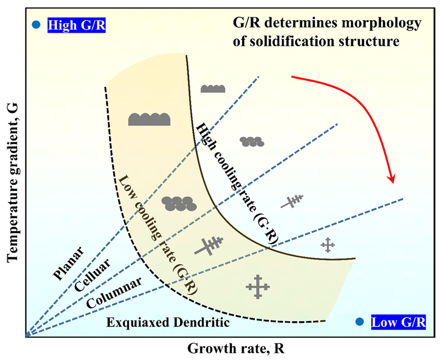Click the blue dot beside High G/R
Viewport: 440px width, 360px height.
pos(37,25)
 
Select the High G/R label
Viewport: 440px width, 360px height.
pos(77,25)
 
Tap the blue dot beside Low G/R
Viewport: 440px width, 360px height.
pos(359,322)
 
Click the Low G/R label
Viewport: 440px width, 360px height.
pos(399,322)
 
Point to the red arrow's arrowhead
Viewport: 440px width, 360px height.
pos(392,178)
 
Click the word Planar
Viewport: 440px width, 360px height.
pos(68,263)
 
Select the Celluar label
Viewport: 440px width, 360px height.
pos(93,275)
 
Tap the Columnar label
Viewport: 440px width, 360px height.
pos(114,293)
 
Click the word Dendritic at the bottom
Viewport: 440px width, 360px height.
pos(202,322)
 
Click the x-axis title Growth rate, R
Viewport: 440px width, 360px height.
pos(236,349)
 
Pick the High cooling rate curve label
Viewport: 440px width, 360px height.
pos(237,184)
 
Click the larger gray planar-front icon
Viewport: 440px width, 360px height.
pos(149,119)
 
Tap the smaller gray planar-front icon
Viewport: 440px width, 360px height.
pos(213,88)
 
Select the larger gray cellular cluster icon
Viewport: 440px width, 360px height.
pos(179,203)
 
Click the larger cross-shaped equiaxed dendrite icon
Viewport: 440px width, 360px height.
pos(258,287)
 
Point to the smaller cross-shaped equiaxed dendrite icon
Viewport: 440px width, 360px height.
pos(328,245)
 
